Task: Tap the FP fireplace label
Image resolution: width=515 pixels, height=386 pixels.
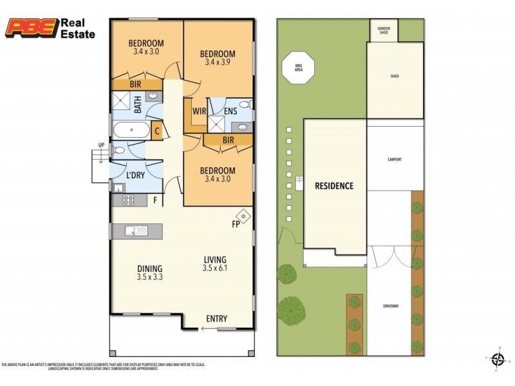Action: (237, 225)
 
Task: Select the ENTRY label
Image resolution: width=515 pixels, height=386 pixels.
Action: (216, 319)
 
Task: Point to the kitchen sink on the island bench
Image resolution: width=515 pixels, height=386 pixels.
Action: (137, 230)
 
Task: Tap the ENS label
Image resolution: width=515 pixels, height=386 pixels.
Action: (230, 111)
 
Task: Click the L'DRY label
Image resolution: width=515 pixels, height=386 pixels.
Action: (135, 175)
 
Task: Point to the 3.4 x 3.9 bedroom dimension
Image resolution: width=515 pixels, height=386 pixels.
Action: (217, 62)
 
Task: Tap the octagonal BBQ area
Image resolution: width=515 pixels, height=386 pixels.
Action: (298, 66)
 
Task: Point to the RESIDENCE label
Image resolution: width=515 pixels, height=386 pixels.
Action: (333, 187)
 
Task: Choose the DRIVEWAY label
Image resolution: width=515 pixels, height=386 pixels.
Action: (390, 306)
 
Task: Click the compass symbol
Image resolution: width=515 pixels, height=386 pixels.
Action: (496, 358)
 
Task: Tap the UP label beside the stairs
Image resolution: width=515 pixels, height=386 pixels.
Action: (100, 145)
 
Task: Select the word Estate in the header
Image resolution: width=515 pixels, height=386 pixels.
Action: (77, 33)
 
